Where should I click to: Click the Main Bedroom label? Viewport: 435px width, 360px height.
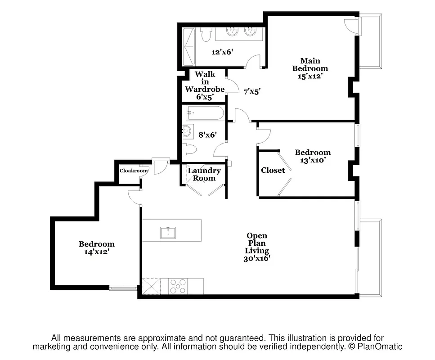(310, 64)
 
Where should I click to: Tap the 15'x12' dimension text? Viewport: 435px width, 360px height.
(310, 76)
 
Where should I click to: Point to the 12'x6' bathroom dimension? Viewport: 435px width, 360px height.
(222, 52)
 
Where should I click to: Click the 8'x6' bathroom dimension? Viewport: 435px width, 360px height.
(207, 134)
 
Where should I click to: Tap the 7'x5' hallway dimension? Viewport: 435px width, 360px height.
(252, 91)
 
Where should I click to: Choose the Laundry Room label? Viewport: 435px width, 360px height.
(204, 174)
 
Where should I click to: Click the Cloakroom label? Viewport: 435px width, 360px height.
(134, 171)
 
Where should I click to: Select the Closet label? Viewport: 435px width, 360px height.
(273, 170)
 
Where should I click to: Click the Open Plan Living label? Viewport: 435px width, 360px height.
(257, 243)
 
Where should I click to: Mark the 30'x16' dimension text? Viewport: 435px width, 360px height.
(257, 259)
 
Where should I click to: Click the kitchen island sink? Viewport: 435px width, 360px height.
(167, 232)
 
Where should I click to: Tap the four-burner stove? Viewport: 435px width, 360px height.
(179, 286)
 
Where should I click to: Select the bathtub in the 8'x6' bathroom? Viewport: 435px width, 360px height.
(205, 113)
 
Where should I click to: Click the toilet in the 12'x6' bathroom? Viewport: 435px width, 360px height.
(206, 34)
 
